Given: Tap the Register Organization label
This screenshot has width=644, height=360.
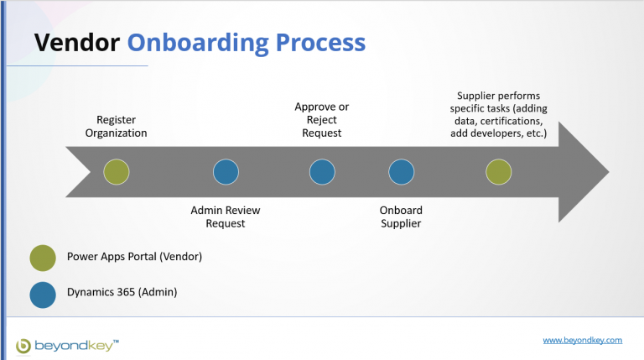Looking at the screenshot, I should click(x=116, y=127).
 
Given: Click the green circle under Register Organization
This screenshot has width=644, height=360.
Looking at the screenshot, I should click(x=117, y=172).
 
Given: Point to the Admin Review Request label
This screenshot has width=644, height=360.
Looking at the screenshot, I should click(x=226, y=217).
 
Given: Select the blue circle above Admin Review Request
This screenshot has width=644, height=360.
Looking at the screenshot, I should click(x=226, y=172).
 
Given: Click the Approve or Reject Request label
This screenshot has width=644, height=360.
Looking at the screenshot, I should click(x=322, y=120).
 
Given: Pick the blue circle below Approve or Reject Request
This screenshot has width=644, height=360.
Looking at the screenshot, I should click(x=322, y=172).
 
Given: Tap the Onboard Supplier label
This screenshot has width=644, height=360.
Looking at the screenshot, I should click(x=401, y=217).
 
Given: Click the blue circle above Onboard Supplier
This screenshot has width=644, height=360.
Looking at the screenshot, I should click(x=401, y=172).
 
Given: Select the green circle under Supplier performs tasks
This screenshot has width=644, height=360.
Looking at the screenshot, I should click(x=499, y=172).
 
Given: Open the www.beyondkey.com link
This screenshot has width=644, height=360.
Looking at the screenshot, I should click(x=582, y=341).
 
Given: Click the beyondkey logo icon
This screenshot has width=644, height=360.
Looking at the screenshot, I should click(x=23, y=344).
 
